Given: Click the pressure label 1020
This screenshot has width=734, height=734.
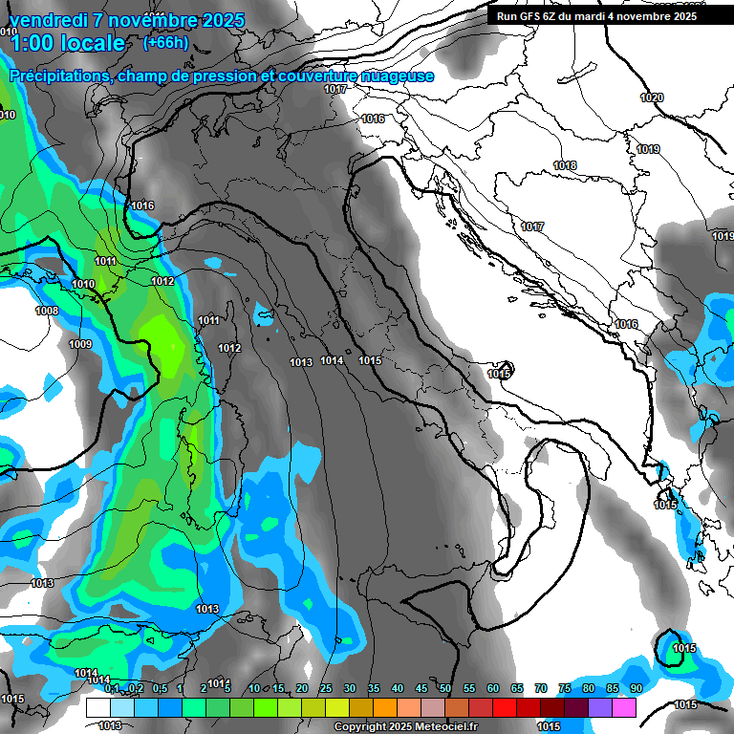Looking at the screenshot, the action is pos(651,97).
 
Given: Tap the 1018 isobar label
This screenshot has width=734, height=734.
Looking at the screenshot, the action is pos(565,165).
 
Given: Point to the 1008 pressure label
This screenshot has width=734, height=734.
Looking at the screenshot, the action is pos(47,311).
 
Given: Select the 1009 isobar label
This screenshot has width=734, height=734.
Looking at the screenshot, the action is pos(80,344).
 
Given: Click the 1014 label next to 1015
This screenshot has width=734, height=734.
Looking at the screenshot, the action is pos(332,360).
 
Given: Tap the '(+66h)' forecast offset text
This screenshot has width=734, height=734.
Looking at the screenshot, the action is pos(165,42).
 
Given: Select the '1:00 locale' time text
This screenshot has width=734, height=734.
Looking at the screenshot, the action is pos(67,43).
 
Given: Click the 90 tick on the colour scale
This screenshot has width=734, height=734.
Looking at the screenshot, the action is pos(636,688).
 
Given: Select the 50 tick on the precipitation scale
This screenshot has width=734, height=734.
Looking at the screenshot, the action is pos(445,688).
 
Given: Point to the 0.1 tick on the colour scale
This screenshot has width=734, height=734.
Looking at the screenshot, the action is pos(112,688).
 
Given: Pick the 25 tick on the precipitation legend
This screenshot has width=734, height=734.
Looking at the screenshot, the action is pos(326,688).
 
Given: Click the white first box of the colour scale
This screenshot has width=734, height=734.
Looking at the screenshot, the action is pos(97,707).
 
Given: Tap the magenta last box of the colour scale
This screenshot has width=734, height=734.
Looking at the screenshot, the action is pos(623,707).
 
